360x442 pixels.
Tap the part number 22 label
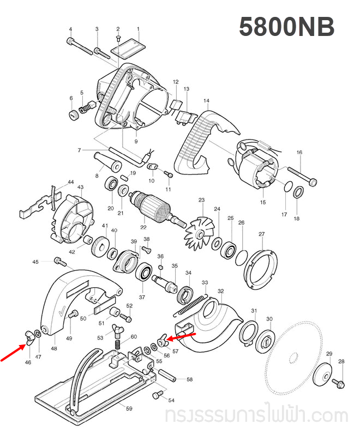point(143,227)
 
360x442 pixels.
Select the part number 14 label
point(206,101)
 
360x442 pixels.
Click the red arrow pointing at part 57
point(183,334)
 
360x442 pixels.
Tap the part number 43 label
point(80,187)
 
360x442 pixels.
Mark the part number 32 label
point(221,292)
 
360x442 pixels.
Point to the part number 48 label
point(53,348)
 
